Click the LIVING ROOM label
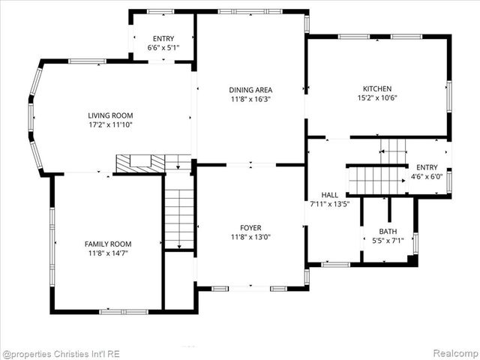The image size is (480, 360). (110, 115)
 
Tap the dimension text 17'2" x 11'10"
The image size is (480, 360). (110, 125)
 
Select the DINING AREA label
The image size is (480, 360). (250, 89)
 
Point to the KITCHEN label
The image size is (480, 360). (376, 88)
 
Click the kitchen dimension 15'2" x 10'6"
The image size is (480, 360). (376, 97)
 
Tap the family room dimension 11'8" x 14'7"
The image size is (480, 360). (107, 253)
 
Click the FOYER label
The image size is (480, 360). (250, 228)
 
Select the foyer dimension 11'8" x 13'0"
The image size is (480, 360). (250, 238)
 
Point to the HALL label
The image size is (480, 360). (329, 194)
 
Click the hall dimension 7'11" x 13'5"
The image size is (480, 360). (330, 203)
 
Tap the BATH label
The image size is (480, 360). (388, 232)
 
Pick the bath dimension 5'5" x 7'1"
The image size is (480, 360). (388, 241)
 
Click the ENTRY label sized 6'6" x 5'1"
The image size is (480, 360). (163, 38)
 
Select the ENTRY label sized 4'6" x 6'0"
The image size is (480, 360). (427, 167)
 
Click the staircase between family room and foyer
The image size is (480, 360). (179, 217)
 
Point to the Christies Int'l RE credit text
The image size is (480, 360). (61, 353)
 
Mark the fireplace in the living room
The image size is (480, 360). (139, 162)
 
